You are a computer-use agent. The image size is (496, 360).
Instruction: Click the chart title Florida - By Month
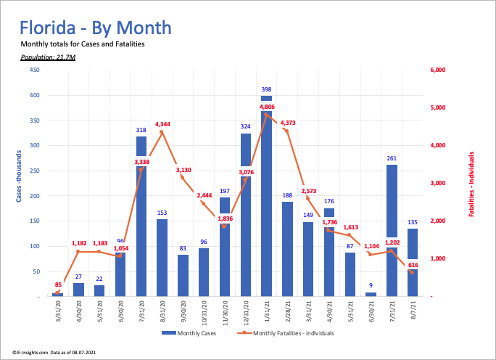tap(96, 28)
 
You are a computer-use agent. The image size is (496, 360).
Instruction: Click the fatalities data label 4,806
tap(268, 107)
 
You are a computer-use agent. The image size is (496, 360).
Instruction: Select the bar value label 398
tap(267, 89)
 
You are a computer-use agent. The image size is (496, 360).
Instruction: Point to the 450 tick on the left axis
tap(34, 70)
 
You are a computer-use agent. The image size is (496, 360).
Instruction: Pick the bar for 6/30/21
tap(371, 294)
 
